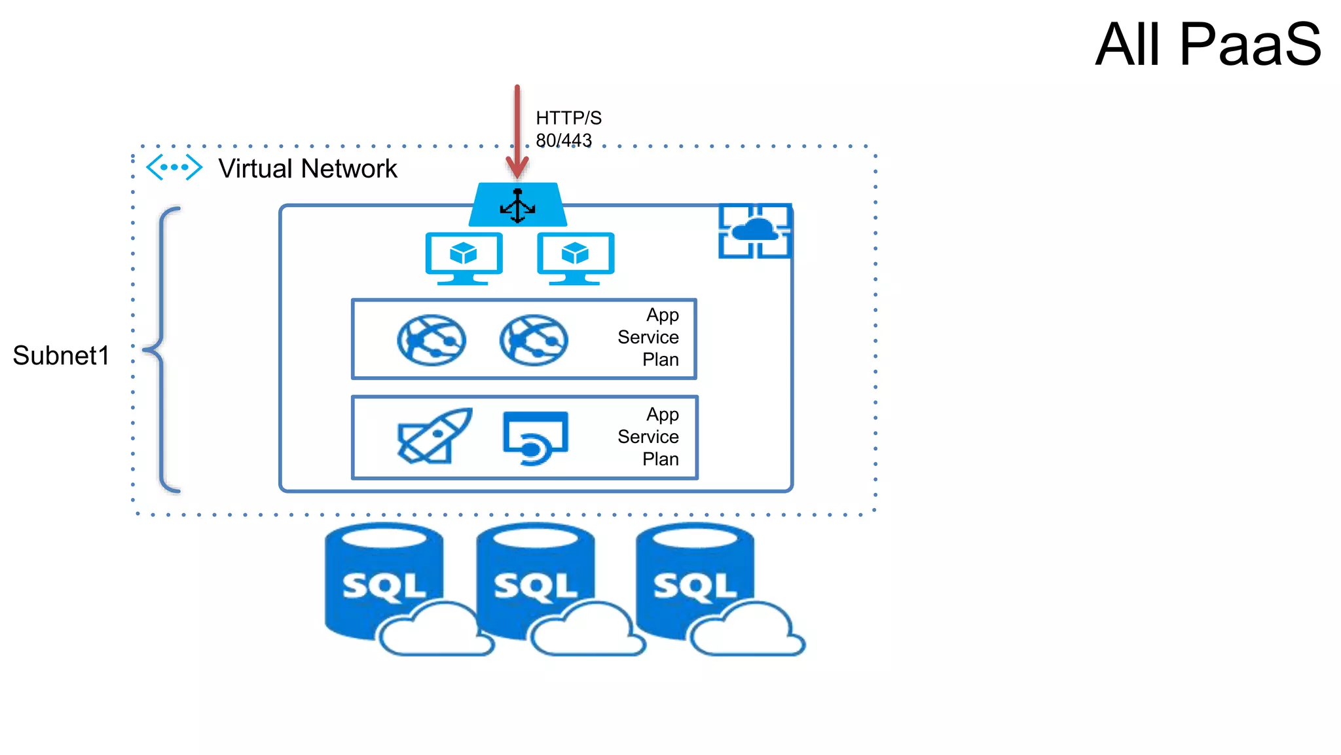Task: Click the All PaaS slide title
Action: click(x=1208, y=45)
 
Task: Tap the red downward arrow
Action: click(x=517, y=131)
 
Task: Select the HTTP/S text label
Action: click(x=568, y=118)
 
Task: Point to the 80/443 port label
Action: click(x=564, y=140)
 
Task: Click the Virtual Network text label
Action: click(x=308, y=169)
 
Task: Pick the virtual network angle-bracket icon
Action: click(x=174, y=167)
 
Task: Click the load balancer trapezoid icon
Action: click(x=518, y=205)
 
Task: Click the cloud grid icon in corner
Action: click(x=755, y=231)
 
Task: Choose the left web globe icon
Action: click(x=432, y=339)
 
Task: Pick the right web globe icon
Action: click(x=534, y=339)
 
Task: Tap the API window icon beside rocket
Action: click(x=536, y=438)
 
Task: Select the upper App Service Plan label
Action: click(x=648, y=338)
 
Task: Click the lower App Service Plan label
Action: click(x=648, y=437)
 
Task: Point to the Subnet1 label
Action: click(x=61, y=356)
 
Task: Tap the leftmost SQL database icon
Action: click(x=386, y=583)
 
